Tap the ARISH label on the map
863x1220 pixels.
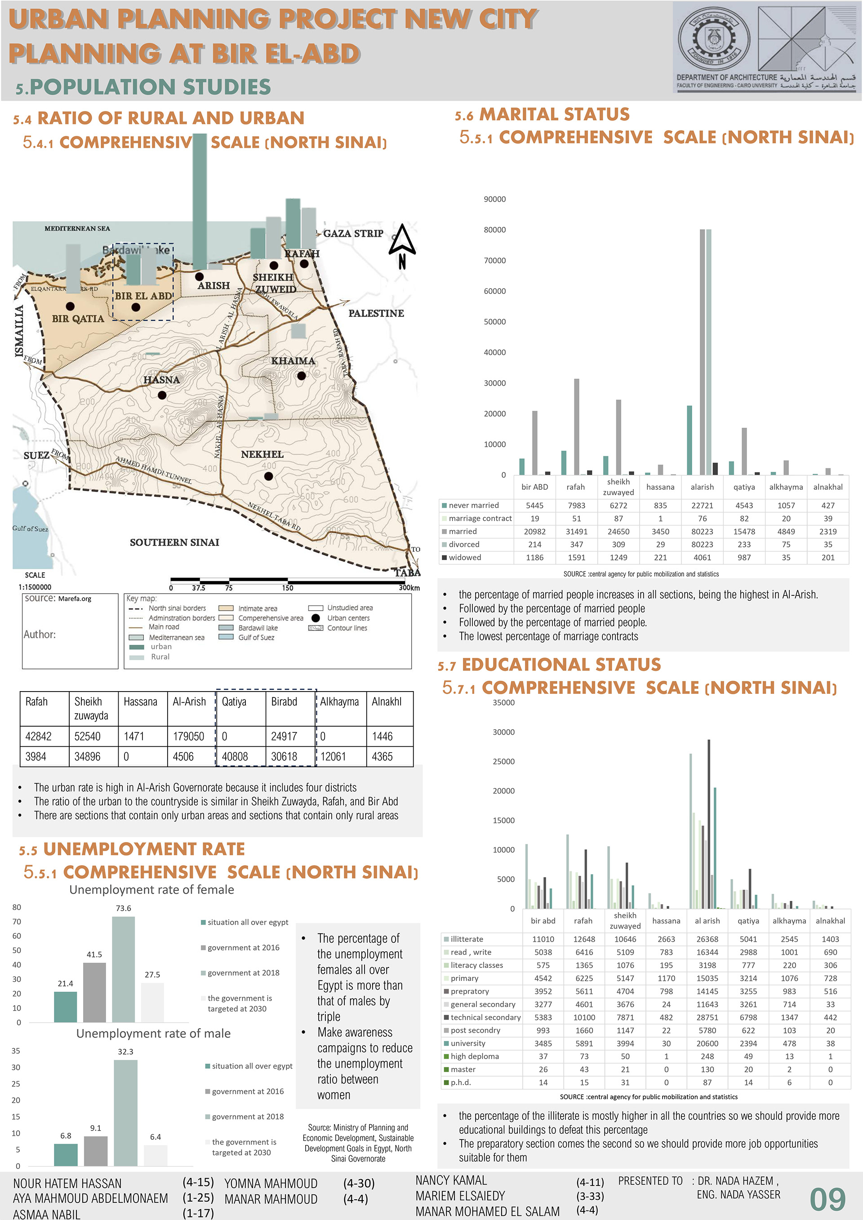point(214,285)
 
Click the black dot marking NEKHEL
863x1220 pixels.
point(268,476)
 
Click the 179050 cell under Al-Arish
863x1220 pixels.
point(189,736)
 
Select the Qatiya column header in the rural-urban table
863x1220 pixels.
point(234,701)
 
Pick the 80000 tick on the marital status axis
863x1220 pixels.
point(494,230)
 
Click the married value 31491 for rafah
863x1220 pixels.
point(576,531)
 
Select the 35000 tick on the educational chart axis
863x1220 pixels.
point(503,702)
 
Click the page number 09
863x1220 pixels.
point(827,1200)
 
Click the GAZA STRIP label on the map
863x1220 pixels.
point(353,233)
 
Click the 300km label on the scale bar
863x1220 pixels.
point(409,588)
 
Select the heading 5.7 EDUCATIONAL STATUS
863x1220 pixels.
point(549,665)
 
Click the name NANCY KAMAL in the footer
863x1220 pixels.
point(451,1180)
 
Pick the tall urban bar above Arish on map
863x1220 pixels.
point(200,202)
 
